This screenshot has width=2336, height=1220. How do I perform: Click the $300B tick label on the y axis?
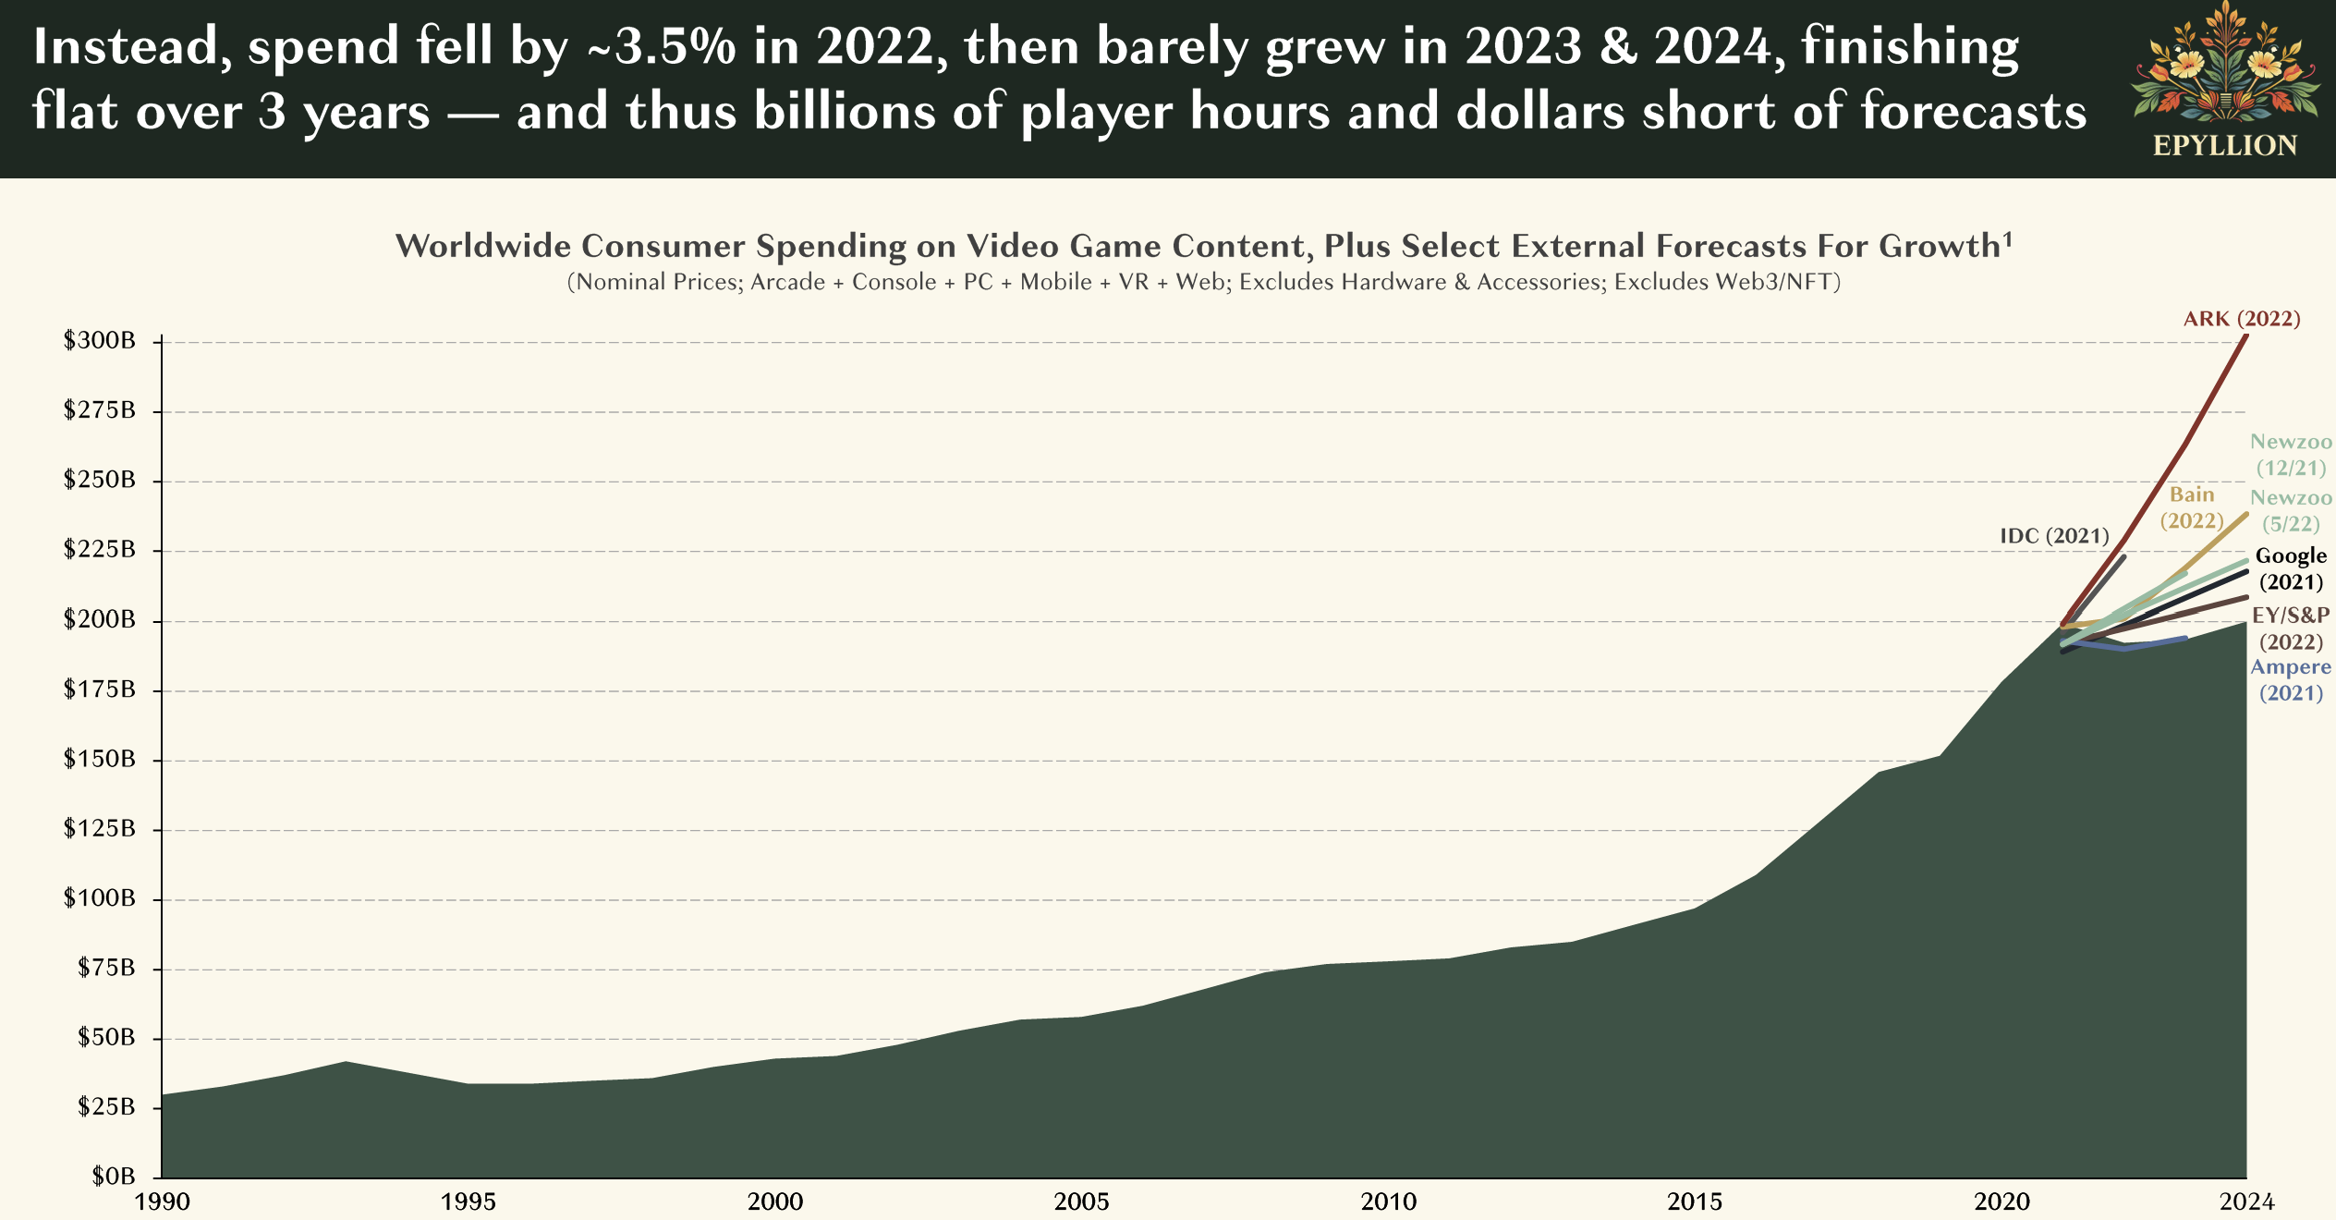99,340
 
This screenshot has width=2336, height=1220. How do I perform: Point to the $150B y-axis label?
99,759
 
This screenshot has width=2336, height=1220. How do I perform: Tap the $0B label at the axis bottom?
113,1177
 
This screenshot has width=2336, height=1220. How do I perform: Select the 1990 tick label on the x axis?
163,1202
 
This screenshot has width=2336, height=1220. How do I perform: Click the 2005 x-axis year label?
1081,1202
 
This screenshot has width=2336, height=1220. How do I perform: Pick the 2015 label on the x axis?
1695,1202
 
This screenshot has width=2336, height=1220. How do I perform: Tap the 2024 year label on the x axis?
2247,1202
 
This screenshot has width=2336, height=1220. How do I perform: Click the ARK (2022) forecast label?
2242,319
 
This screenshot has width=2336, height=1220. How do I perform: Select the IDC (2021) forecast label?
2054,536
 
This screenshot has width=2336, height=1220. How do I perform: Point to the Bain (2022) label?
2192,507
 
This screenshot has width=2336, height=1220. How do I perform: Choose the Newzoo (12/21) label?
2291,455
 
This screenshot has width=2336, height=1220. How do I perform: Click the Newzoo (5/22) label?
2291,511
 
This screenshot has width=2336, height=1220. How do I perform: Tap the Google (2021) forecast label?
2291,568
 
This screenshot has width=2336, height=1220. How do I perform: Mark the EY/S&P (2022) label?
2291,628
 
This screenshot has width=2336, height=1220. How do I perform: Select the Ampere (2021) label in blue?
2291,680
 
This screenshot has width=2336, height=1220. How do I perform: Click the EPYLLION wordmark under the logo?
2225,146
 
